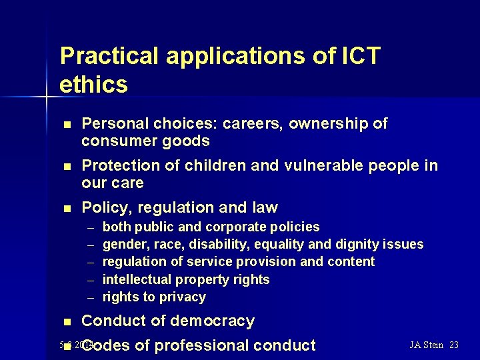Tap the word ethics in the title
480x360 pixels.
tap(93, 85)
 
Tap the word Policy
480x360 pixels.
tap(105, 208)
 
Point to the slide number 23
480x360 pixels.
tap(454, 345)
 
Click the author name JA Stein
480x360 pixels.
tap(427, 345)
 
